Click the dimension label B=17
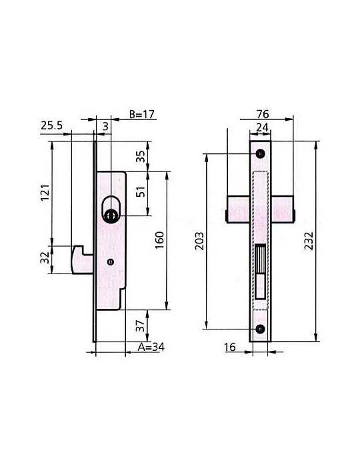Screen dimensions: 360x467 142,114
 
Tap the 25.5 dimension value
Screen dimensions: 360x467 52,125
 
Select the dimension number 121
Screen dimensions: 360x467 45,193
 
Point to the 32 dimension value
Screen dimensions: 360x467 45,258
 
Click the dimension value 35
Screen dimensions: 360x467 141,156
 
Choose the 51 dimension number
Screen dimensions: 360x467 141,192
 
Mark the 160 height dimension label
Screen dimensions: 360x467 159,240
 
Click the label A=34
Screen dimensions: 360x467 151,347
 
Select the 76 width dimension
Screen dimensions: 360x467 263,114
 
